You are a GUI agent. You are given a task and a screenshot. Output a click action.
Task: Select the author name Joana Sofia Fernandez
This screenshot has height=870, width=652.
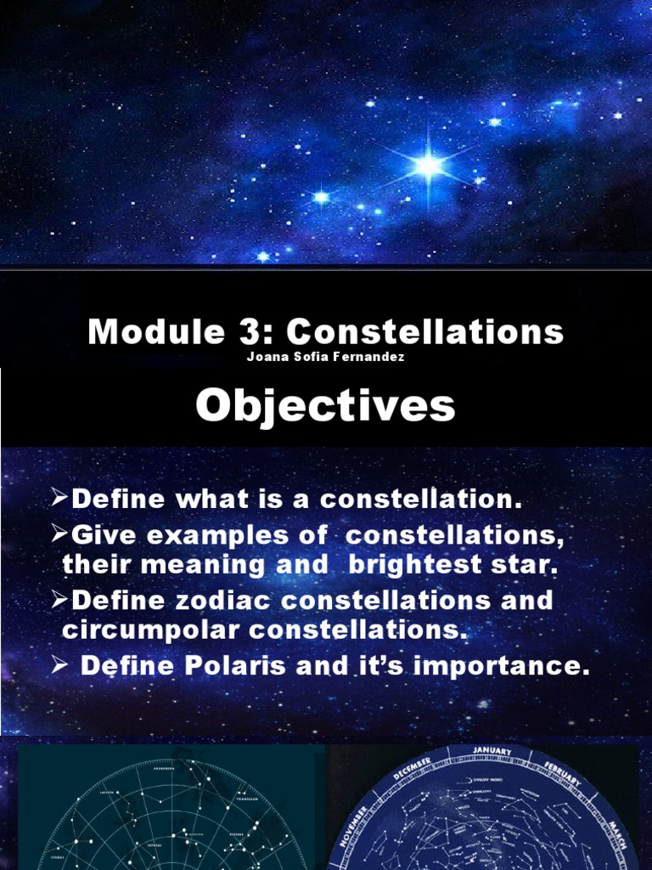(x=325, y=357)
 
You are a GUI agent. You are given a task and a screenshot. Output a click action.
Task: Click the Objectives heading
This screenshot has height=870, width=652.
(x=325, y=406)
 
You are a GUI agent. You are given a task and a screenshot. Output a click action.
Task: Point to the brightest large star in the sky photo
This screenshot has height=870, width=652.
(x=429, y=164)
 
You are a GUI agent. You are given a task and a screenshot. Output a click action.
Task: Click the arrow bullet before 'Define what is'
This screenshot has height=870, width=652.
(x=60, y=499)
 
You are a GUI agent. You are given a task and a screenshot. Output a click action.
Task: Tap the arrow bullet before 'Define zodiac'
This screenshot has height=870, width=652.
(x=60, y=600)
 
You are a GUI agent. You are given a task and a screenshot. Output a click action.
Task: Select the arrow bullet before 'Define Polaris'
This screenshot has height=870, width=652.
(x=60, y=666)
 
